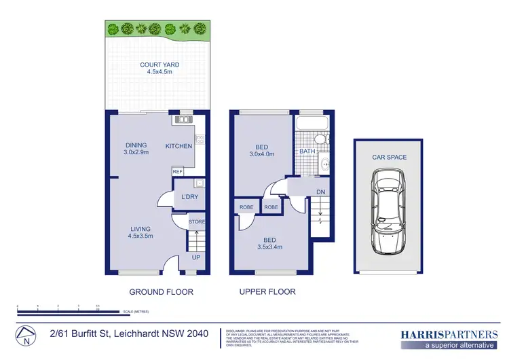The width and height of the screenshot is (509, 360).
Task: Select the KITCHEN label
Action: click(179, 146)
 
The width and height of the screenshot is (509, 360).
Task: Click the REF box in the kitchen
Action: click(177, 172)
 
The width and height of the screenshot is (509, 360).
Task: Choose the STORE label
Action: click(196, 222)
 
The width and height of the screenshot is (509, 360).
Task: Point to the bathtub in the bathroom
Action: click(313, 124)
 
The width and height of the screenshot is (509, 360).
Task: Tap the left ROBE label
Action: click(245, 207)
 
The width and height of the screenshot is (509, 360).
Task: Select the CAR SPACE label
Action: click(390, 158)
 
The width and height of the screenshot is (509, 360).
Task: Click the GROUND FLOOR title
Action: click(162, 292)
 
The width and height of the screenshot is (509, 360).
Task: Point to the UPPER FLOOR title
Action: click(267, 292)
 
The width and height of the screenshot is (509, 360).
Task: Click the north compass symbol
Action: click(25, 335)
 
